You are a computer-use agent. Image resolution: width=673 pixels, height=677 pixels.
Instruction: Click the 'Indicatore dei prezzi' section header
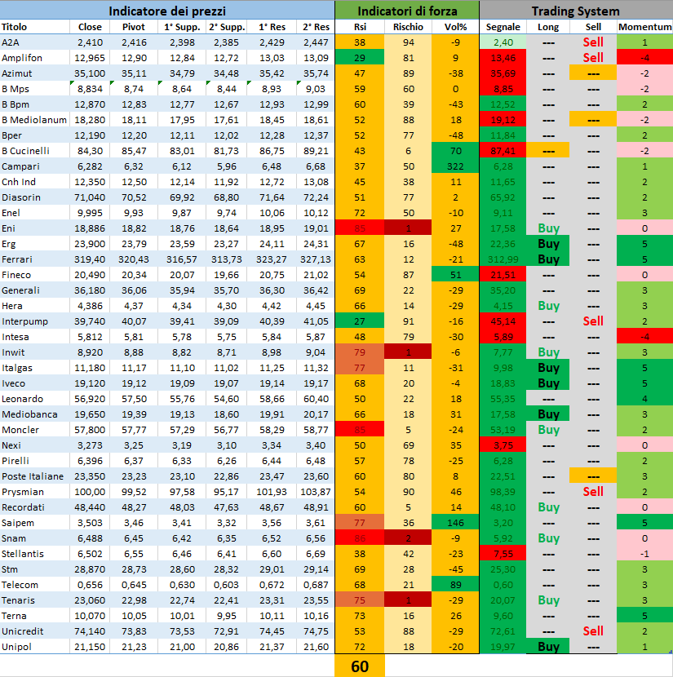tap(167, 11)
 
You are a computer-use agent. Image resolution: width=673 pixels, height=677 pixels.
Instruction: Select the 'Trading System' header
tap(575, 11)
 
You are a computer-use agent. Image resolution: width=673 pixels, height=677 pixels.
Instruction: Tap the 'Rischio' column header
tap(408, 27)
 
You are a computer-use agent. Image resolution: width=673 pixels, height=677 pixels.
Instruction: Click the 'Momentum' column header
tap(644, 27)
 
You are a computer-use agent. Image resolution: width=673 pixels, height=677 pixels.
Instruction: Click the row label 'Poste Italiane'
tap(33, 476)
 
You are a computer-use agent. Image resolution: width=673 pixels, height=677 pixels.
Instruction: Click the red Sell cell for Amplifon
tap(593, 58)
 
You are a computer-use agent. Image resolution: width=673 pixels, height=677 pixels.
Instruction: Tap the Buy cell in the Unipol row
tap(548, 647)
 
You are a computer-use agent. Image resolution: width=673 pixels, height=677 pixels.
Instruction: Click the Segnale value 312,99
tap(503, 259)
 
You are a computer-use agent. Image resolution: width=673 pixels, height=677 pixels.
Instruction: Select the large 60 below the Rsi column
tap(360, 666)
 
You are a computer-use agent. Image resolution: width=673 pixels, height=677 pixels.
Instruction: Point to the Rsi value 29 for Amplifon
tap(360, 58)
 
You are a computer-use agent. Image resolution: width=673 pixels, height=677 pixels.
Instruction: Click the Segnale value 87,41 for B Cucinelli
tap(503, 151)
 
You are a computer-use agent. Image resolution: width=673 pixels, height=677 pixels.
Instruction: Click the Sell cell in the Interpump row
tap(593, 321)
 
